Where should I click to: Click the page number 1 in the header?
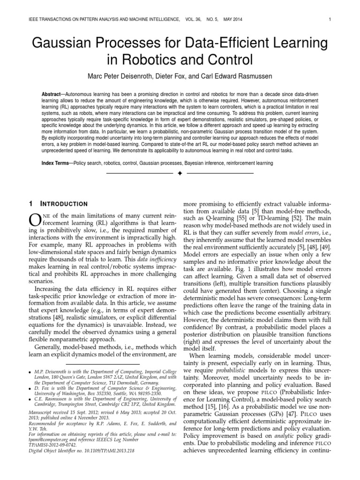click(x=330, y=19)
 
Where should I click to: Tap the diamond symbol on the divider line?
click(x=180, y=173)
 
